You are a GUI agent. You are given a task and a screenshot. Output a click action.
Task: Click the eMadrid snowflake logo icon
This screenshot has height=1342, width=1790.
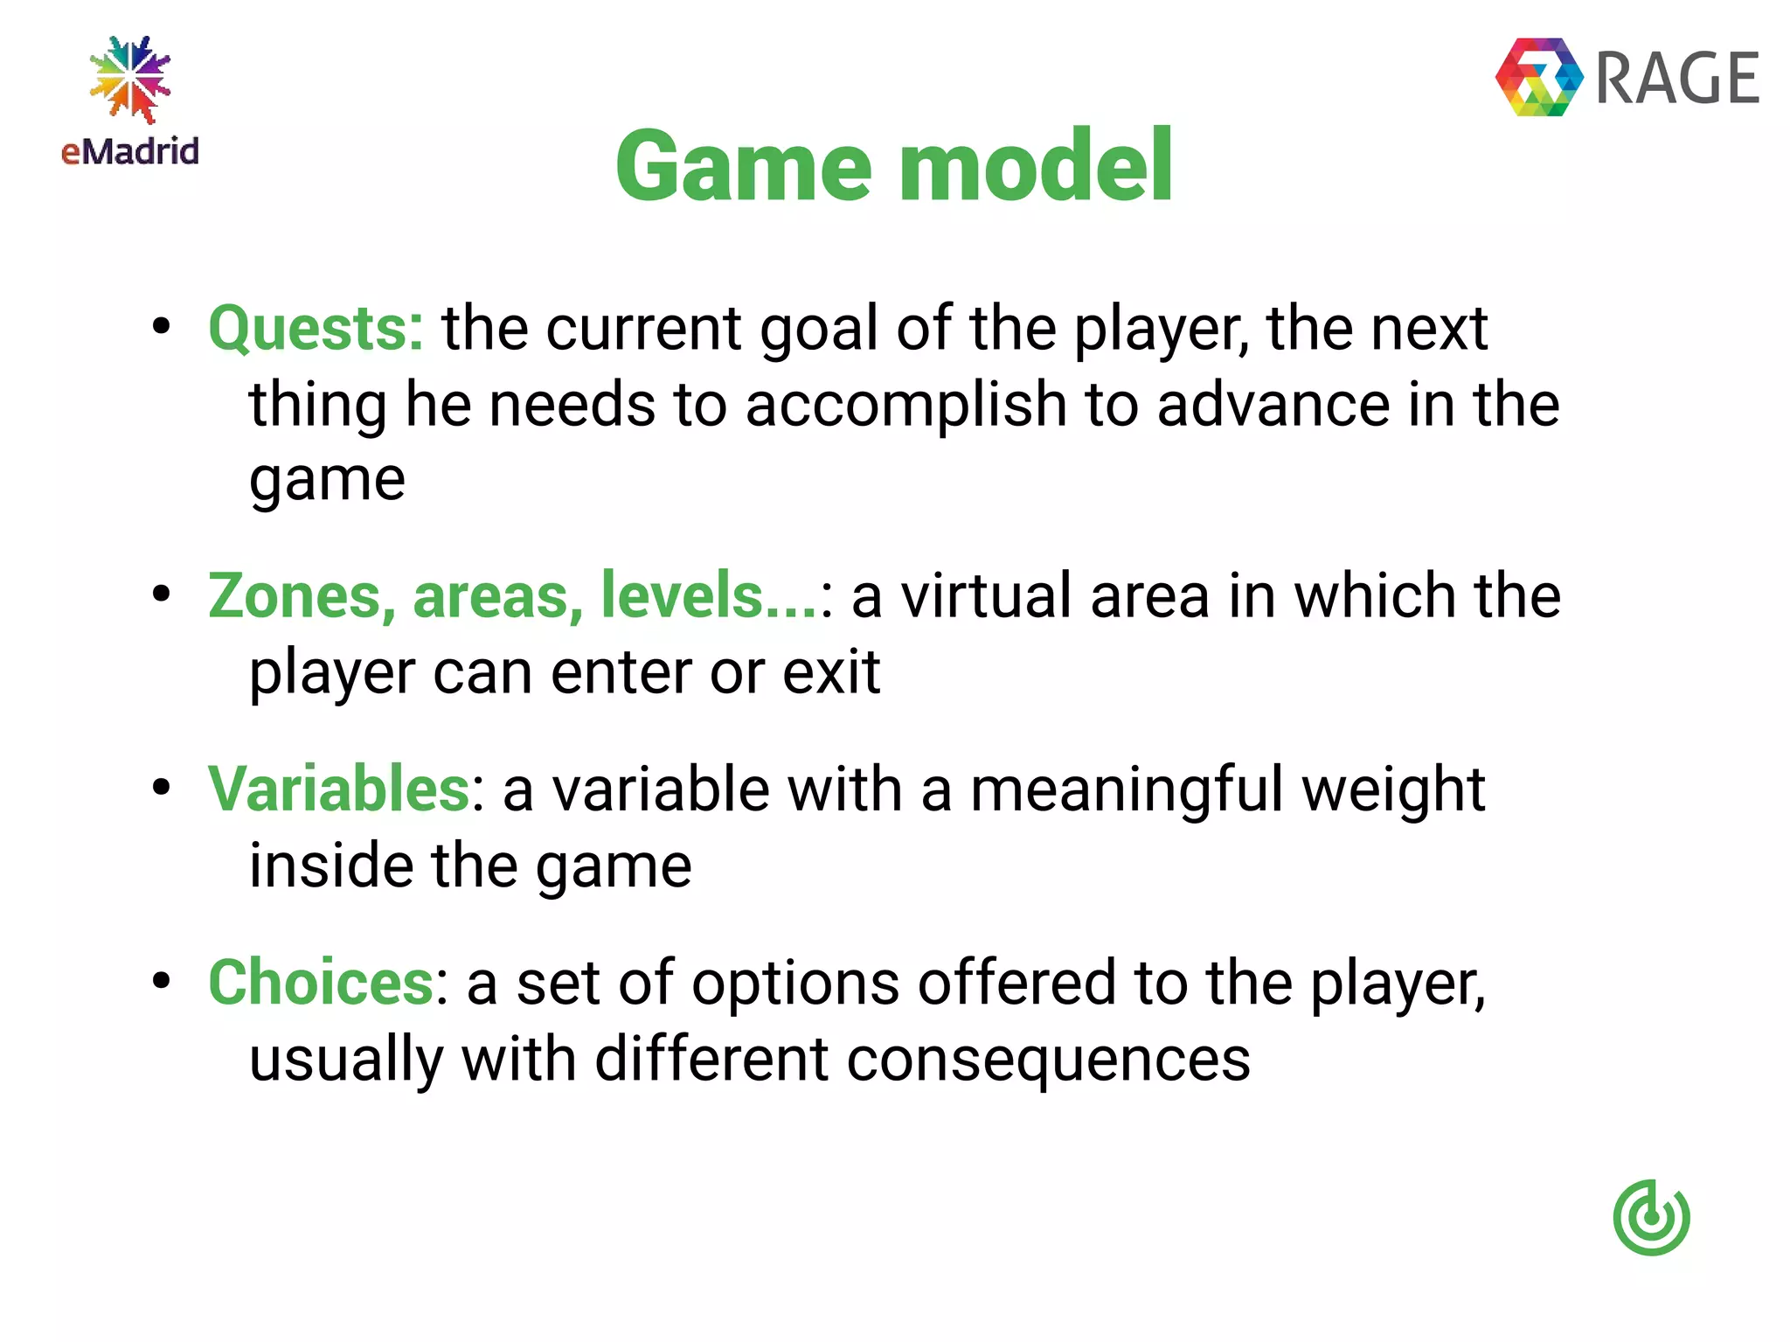click(130, 79)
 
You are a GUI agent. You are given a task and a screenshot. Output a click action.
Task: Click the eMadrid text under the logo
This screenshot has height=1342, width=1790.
click(130, 151)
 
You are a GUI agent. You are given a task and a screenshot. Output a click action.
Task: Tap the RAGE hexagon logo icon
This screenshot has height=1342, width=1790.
click(1539, 77)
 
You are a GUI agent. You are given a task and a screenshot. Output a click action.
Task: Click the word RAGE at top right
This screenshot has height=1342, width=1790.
click(1677, 79)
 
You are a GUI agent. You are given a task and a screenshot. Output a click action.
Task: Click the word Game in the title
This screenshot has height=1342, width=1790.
click(744, 166)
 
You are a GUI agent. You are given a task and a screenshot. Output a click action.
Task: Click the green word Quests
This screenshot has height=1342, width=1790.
click(316, 329)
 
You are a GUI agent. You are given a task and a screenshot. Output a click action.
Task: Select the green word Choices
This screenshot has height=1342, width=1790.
click(321, 983)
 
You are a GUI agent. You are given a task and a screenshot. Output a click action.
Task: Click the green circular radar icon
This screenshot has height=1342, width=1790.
click(1651, 1217)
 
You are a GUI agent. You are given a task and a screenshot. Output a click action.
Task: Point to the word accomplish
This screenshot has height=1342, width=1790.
click(905, 407)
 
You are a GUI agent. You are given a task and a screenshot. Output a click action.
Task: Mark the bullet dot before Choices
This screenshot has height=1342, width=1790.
click(161, 980)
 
